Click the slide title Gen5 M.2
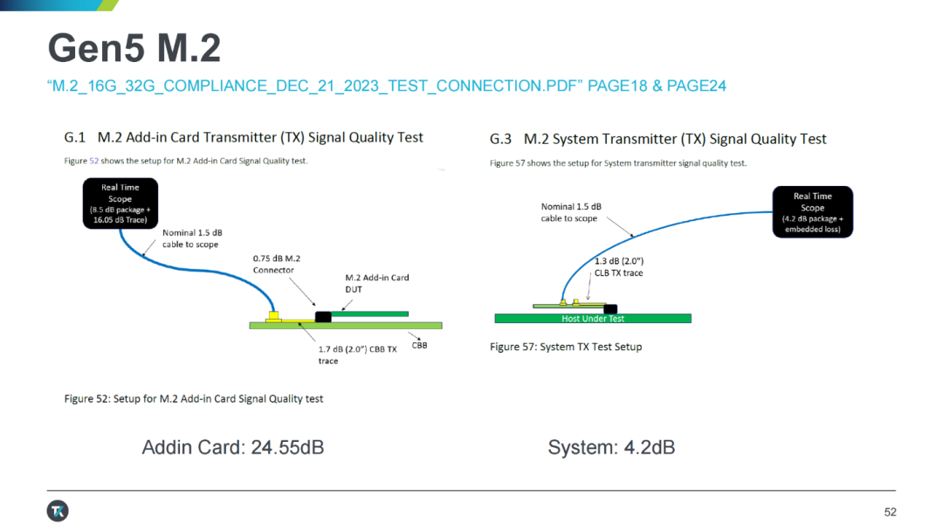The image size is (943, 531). coord(134,48)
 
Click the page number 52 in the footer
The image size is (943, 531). coord(890,512)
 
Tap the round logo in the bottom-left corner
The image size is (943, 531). coord(58,511)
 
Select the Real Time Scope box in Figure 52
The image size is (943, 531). coord(120,203)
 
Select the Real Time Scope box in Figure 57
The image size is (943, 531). coord(813,211)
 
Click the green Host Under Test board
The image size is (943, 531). coord(593,318)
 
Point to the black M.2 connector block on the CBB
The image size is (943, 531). coord(323,316)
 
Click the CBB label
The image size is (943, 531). coord(419,345)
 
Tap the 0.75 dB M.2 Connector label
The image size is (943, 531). coord(277,264)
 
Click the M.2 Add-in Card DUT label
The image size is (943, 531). coord(377,283)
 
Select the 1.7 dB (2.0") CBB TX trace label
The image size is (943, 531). coord(357,355)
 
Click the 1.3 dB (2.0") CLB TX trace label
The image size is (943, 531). coord(619,266)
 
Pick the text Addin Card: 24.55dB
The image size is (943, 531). coord(233,447)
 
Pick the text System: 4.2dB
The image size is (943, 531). coord(611,447)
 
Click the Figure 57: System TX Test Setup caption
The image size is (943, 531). coord(566,347)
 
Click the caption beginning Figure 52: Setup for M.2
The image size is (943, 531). coord(194,399)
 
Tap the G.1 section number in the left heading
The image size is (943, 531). coord(74,137)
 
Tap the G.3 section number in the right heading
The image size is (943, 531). coord(500,139)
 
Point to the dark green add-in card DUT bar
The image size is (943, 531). coord(370,314)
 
